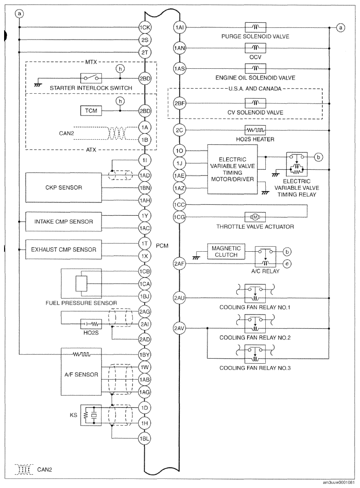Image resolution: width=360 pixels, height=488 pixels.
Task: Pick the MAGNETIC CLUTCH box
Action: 226,251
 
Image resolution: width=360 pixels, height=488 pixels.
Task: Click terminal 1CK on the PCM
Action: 145,27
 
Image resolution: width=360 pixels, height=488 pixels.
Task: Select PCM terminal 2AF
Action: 179,264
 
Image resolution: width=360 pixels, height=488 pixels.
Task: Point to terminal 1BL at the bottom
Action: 145,439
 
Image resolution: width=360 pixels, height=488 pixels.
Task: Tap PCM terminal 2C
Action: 179,130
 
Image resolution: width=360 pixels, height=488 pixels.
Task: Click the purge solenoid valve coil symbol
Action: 255,27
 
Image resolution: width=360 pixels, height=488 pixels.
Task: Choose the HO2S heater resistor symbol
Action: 255,130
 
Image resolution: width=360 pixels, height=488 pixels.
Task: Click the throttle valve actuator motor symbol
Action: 255,217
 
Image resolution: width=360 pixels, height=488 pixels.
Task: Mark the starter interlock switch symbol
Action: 91,78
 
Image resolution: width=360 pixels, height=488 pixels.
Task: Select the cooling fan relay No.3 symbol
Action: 255,354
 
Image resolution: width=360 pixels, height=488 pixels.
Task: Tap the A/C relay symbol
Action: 265,257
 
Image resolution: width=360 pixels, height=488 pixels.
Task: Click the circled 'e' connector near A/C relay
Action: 287,264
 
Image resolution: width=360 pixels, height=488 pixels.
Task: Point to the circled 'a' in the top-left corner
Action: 19,14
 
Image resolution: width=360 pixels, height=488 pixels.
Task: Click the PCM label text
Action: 162,246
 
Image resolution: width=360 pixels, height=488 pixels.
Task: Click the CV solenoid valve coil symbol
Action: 255,103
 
